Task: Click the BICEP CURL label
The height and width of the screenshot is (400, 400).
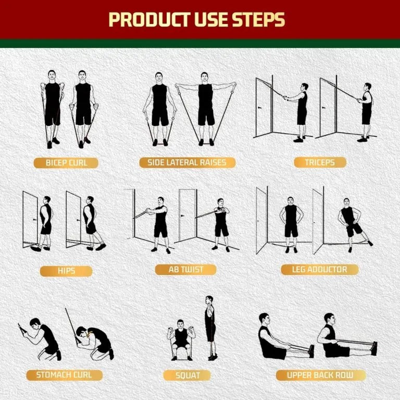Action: [x=66, y=162]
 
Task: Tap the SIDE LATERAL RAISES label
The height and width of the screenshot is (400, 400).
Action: [x=187, y=162]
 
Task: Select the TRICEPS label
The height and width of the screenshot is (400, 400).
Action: [x=319, y=162]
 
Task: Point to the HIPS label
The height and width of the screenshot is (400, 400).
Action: [x=66, y=271]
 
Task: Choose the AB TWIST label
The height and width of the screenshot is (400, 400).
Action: [x=186, y=269]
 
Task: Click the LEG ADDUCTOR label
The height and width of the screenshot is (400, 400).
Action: [x=320, y=269]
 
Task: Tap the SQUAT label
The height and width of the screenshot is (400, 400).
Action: [x=187, y=375]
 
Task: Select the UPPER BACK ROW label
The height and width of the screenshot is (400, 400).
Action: [x=320, y=375]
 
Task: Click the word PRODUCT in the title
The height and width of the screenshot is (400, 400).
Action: [x=148, y=19]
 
